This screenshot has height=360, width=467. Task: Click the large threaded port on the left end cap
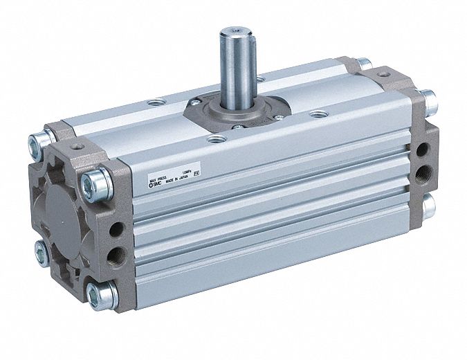tap(115, 255)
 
